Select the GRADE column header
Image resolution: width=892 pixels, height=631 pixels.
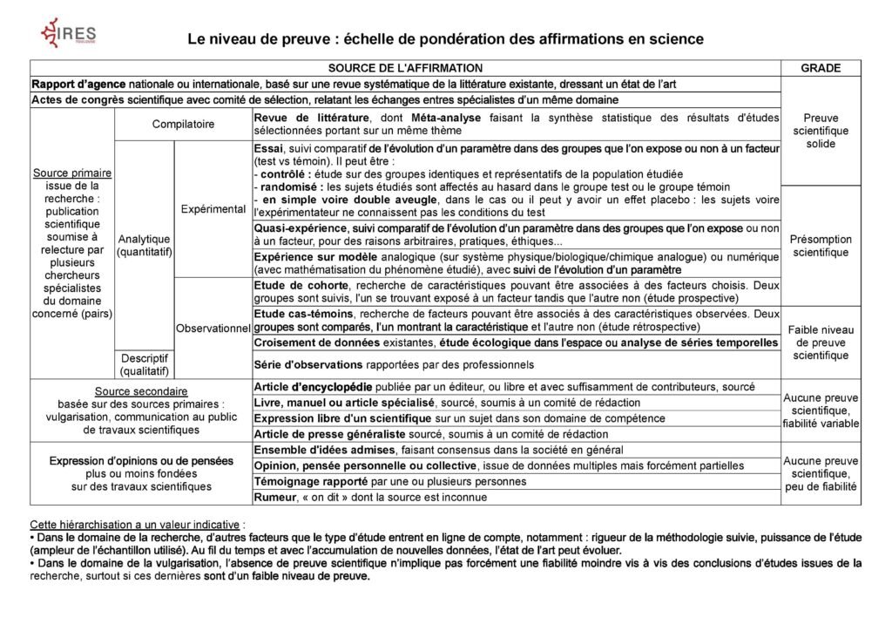click(821, 68)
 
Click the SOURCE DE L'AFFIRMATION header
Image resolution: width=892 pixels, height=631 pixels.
click(405, 68)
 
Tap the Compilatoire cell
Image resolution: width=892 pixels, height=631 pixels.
click(183, 125)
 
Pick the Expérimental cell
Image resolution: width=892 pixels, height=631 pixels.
click(213, 209)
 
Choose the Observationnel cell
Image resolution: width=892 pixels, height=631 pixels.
click(213, 328)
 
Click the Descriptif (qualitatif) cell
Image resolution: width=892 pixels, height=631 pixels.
click(145, 364)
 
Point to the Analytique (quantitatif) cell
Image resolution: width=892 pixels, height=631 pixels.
click(145, 246)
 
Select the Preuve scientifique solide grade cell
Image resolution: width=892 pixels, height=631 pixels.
click(821, 131)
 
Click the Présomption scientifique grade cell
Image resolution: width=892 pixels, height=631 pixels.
click(821, 246)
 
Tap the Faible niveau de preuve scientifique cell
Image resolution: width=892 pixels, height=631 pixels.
click(821, 343)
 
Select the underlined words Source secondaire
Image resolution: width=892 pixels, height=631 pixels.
click(141, 391)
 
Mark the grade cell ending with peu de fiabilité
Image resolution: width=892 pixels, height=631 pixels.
click(821, 474)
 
